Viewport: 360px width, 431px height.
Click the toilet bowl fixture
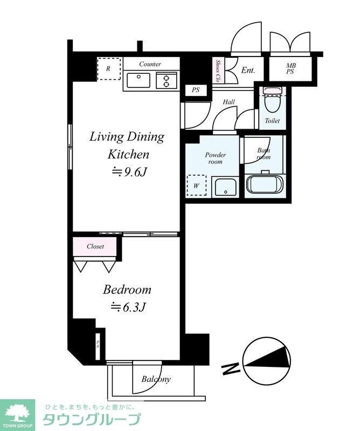pos(272,100)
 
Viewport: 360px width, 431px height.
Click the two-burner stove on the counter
pos(166,80)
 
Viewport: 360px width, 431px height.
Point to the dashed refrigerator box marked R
pos(109,69)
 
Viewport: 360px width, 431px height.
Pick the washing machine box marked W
pos(197,185)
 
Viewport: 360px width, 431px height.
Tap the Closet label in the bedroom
pos(95,246)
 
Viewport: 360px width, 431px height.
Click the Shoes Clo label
pos(218,71)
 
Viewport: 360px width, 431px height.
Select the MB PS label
pos(290,69)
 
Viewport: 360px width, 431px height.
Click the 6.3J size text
pos(128,307)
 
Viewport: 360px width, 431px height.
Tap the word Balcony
pos(156,379)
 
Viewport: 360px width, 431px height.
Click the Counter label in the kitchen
pos(150,64)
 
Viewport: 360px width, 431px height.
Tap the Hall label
pos(229,102)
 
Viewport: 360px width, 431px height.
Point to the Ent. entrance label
pos(248,71)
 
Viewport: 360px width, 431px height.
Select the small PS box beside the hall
pos(196,90)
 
